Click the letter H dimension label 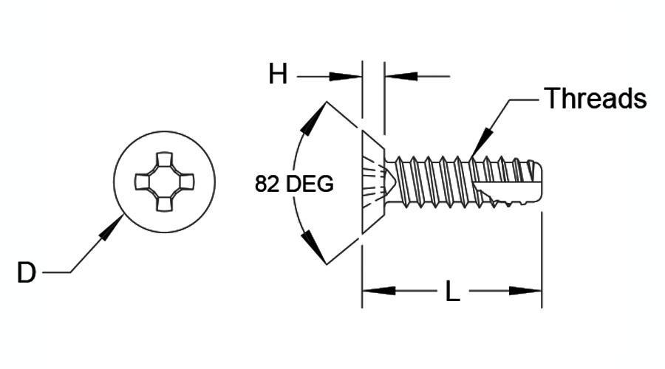tap(278, 74)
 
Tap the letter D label tap(27, 272)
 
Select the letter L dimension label tap(452, 292)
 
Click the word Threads tap(596, 98)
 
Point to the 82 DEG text tap(294, 184)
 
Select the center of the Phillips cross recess tap(164, 182)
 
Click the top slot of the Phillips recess tap(164, 159)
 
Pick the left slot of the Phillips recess tap(142, 182)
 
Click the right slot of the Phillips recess tap(187, 182)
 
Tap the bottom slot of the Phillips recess tap(164, 204)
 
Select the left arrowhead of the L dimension tap(379, 291)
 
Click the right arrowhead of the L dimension tap(525, 291)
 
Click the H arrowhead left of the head tap(345, 77)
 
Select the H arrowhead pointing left tap(401, 77)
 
